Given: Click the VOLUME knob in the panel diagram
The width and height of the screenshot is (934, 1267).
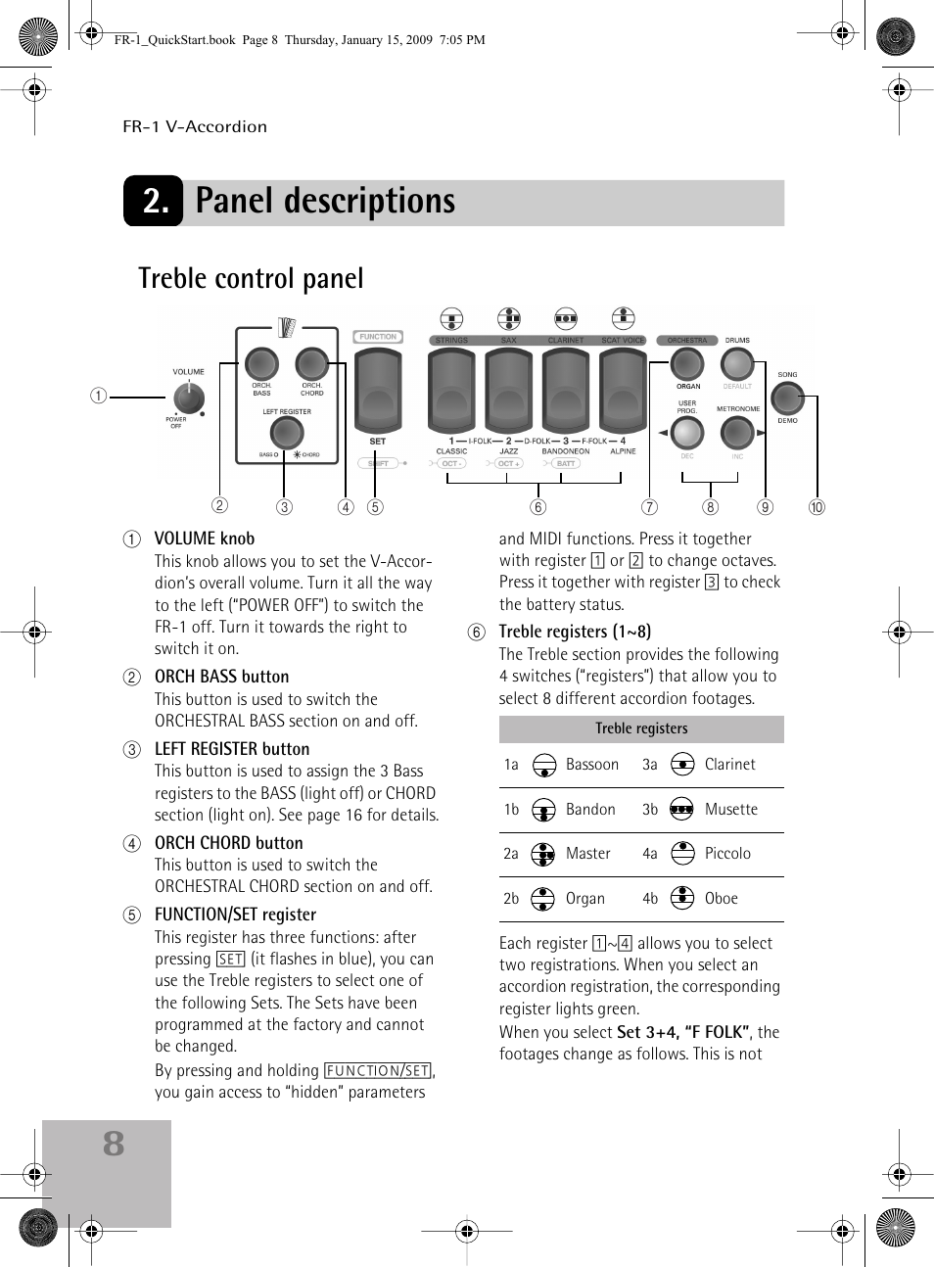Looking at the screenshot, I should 189,399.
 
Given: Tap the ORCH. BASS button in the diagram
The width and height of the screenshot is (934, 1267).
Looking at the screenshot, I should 261,364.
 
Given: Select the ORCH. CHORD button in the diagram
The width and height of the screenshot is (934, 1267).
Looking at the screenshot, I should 311,364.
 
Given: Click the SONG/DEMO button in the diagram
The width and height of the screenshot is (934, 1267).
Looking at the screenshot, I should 787,398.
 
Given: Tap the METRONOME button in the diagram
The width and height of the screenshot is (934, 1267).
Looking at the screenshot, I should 736,432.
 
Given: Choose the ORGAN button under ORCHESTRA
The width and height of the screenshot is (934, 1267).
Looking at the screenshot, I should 687,364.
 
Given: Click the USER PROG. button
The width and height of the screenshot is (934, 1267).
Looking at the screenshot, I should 687,432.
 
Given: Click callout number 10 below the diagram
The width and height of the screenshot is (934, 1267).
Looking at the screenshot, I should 817,507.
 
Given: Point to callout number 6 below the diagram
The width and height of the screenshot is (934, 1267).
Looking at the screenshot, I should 537,507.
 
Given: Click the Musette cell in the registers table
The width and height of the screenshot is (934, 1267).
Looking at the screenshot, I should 730,810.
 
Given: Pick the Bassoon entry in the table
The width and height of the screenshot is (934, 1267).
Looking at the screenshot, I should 591,765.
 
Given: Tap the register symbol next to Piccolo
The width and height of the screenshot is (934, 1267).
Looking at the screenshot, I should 682,854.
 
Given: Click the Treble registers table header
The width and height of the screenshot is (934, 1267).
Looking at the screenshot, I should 641,728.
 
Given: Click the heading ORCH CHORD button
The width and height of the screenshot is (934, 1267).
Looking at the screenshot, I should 228,843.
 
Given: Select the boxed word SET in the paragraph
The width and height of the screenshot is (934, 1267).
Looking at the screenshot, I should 230,960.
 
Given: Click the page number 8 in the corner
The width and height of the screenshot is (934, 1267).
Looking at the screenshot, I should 114,1144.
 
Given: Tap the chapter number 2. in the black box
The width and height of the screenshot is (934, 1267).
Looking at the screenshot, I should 155,202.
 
